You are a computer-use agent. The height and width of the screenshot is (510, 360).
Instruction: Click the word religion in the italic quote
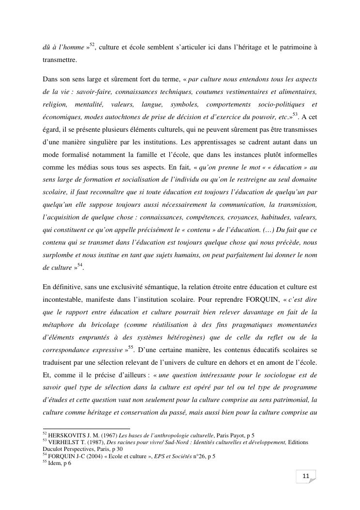pyautogui.click(x=54, y=105)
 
